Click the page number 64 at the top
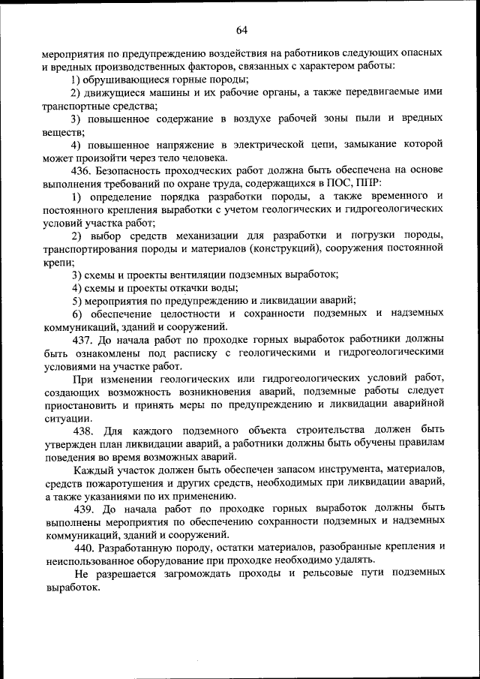(x=241, y=30)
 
